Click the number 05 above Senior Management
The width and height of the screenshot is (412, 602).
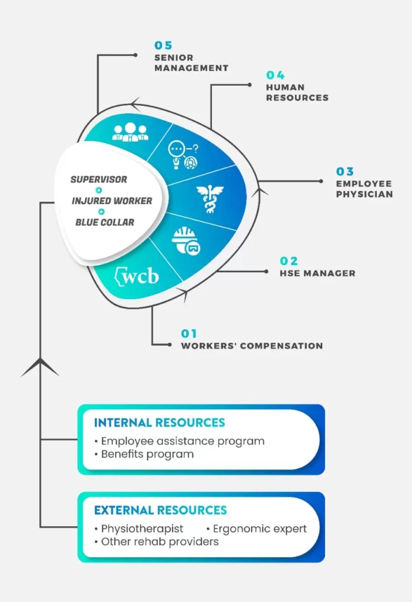163,45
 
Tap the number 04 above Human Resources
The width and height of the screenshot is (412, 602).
275,75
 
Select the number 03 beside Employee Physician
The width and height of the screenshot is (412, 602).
345,171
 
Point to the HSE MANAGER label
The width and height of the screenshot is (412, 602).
318,273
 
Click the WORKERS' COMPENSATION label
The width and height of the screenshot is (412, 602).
252,346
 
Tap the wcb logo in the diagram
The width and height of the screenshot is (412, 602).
137,276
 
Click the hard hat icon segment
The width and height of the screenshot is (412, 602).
186,240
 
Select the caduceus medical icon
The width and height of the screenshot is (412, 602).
210,199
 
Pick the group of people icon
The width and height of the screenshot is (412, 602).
130,132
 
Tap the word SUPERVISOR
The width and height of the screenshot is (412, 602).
99,179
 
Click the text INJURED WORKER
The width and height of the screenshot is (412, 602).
112,201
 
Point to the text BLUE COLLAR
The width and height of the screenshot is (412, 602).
104,222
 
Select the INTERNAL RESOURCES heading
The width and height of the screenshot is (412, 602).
160,423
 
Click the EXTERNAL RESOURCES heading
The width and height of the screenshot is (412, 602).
161,510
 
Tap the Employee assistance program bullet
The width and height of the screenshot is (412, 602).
180,441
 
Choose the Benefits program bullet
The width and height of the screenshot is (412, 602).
144,454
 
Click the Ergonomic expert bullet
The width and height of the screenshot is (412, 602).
256,529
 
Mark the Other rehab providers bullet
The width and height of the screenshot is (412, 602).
156,541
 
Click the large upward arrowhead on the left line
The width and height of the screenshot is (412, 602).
40,367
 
